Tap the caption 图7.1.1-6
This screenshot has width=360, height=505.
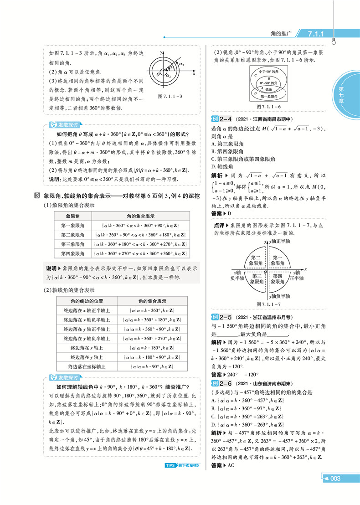click(x=269, y=106)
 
